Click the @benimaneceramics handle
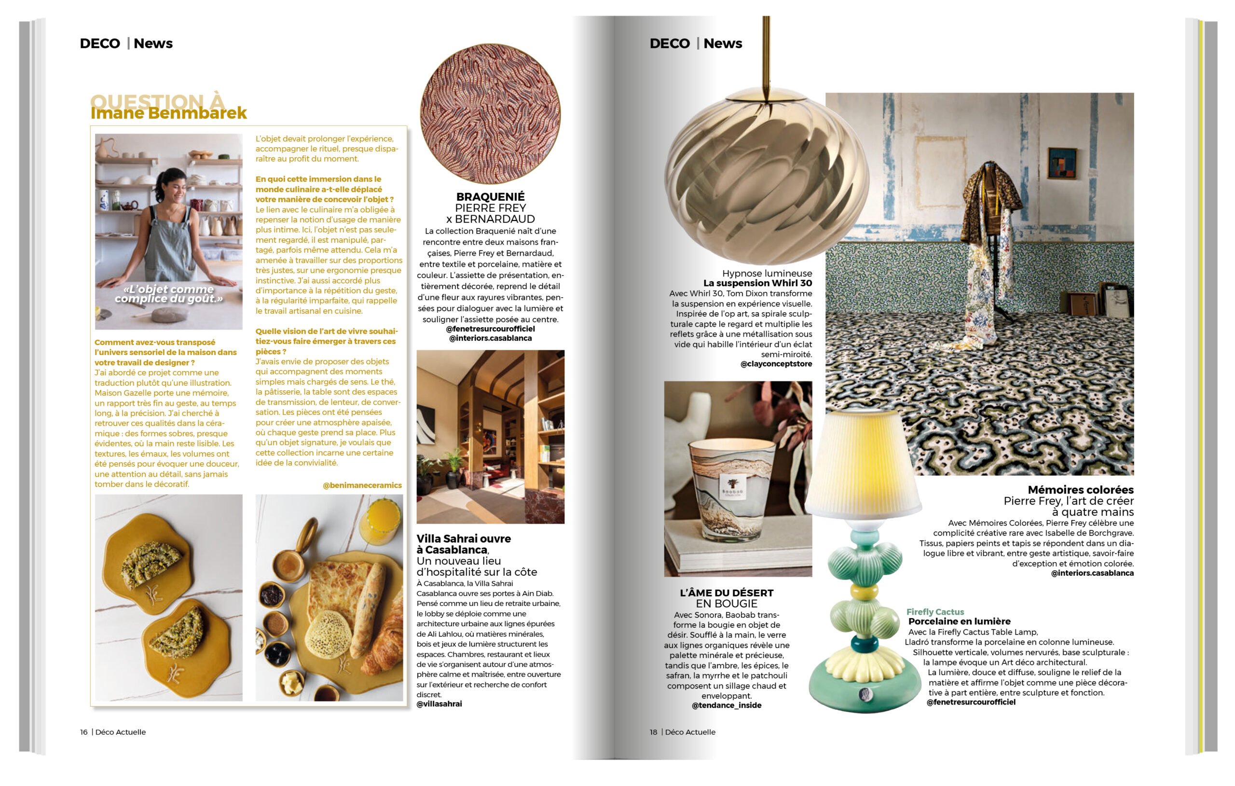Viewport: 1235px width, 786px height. tap(362, 485)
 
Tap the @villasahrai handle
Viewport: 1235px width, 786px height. tap(439, 704)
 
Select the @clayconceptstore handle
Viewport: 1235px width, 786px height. tap(776, 364)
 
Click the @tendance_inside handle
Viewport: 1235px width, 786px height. tap(726, 705)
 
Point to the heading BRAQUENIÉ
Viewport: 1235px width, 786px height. tap(490, 197)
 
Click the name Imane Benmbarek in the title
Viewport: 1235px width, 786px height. tap(169, 113)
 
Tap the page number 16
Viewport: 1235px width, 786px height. tap(83, 732)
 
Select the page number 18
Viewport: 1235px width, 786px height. tap(653, 732)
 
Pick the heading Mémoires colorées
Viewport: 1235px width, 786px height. tap(1080, 490)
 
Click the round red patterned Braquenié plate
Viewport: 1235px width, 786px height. tap(490, 114)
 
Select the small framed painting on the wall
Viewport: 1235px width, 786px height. tap(1062, 163)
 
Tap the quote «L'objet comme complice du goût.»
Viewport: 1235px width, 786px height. tap(169, 294)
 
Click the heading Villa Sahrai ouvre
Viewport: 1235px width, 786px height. tap(464, 538)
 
